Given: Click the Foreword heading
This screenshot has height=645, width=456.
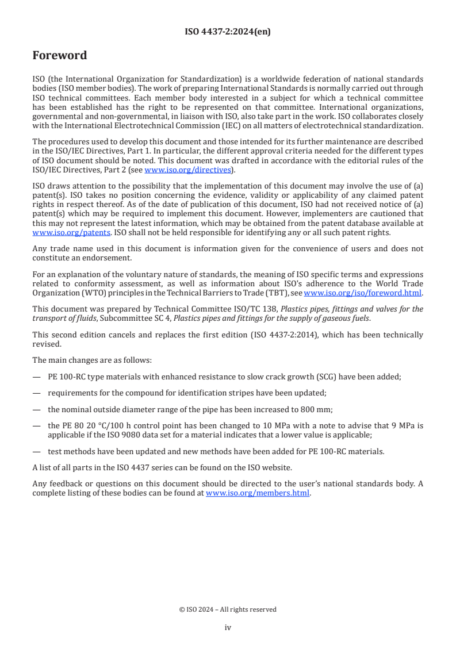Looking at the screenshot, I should [60, 56].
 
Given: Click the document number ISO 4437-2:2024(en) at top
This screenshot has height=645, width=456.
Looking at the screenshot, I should [228, 32].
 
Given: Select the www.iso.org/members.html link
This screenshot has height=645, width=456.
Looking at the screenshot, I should [258, 493].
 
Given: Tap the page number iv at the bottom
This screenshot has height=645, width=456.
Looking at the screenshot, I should [228, 627].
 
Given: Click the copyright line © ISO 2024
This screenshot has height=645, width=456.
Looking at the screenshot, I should [228, 609].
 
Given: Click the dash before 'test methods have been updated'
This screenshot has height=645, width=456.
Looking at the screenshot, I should [37, 451].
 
